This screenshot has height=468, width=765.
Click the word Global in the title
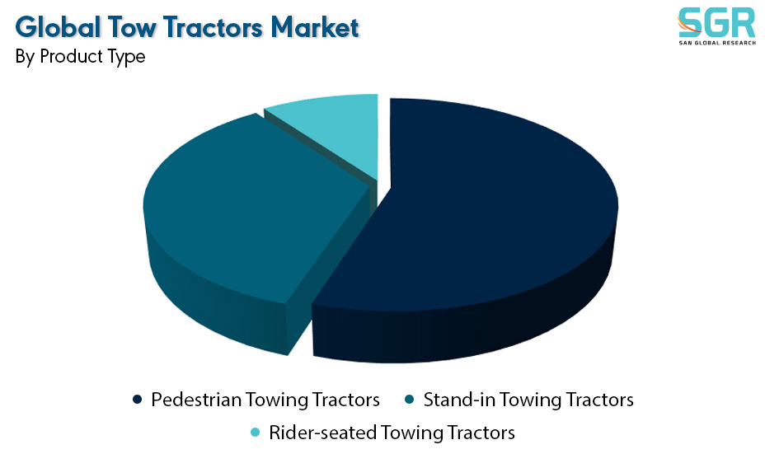click(58, 27)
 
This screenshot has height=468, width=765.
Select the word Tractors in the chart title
click(214, 27)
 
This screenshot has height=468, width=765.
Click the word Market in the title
click(315, 27)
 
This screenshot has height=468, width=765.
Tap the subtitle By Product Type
click(80, 57)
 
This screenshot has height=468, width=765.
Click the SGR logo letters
click(716, 22)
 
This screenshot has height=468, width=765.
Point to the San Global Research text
click(717, 43)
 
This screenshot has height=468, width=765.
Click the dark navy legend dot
click(137, 400)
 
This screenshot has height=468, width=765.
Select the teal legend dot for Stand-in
click(410, 400)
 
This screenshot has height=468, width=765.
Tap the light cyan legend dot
click(255, 433)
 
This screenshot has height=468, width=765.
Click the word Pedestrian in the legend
click(196, 400)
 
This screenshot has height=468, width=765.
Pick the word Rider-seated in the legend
click(322, 433)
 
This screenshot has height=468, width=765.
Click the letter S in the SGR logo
click(690, 22)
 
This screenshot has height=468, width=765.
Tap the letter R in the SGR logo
click(744, 22)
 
